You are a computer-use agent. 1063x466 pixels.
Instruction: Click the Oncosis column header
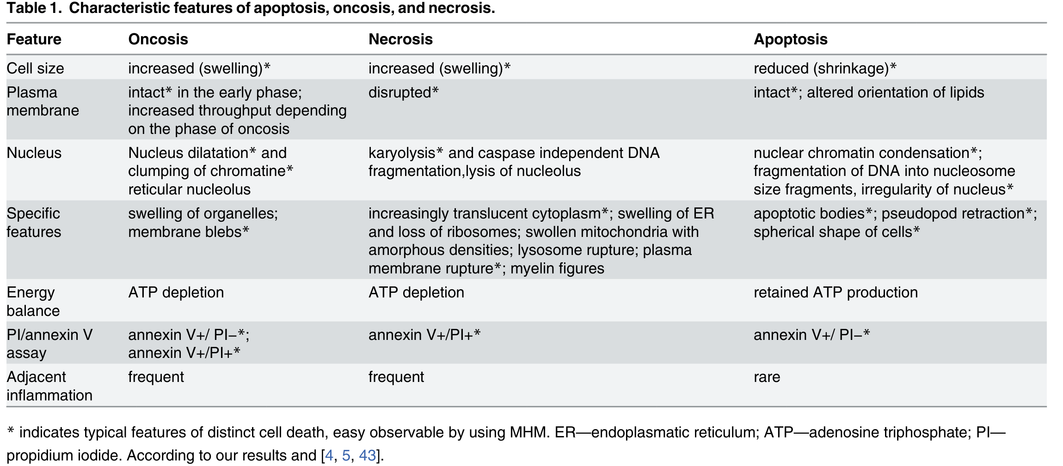(x=158, y=39)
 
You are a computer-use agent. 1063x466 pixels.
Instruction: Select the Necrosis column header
(x=400, y=39)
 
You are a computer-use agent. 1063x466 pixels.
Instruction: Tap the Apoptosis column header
(x=790, y=39)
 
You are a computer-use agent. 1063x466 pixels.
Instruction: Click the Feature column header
(x=34, y=39)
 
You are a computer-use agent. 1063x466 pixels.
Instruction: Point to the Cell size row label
(x=35, y=68)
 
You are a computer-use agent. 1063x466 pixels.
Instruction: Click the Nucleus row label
(x=34, y=153)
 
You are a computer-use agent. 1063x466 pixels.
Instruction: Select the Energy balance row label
(x=33, y=301)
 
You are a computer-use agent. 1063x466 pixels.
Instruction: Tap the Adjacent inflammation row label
(x=49, y=386)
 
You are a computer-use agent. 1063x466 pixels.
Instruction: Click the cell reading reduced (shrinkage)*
(x=825, y=68)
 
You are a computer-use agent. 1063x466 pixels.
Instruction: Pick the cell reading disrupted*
(x=403, y=92)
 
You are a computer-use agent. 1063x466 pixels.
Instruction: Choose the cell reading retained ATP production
(x=836, y=292)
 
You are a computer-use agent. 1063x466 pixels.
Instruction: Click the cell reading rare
(x=767, y=377)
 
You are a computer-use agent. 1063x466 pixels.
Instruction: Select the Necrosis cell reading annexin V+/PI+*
(x=424, y=334)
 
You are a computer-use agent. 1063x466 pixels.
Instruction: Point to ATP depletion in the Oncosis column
(x=176, y=292)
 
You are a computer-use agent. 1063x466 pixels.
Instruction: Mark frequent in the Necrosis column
(x=396, y=377)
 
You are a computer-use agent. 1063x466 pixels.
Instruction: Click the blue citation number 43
(x=367, y=455)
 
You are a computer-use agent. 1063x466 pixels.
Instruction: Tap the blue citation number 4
(x=329, y=455)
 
